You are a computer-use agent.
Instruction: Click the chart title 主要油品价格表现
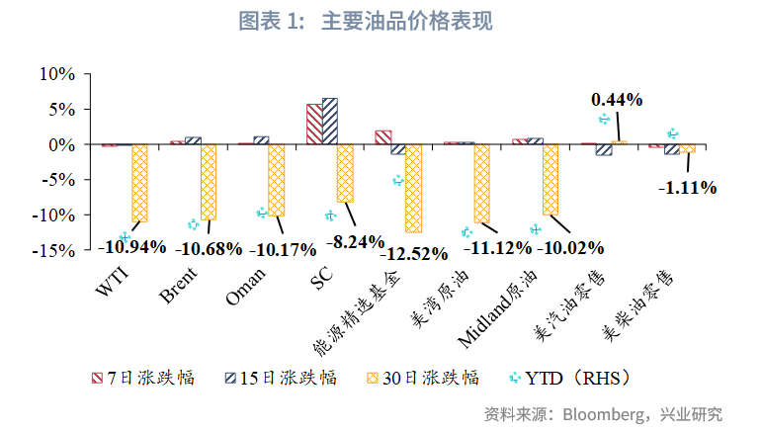406,21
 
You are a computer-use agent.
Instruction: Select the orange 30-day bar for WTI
139,183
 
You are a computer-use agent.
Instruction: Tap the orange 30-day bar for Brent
208,182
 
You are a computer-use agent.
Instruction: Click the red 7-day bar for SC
313,125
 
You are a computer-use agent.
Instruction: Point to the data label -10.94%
131,247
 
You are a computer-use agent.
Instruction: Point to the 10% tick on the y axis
56,74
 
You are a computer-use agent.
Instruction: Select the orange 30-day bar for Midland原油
550,180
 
